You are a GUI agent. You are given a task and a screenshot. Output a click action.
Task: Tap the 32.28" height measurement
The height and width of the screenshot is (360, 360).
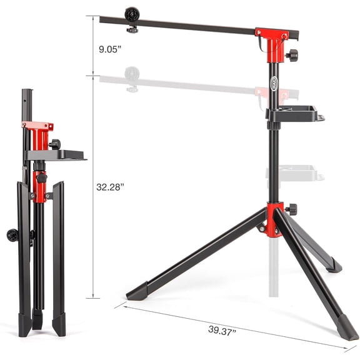point(109,186)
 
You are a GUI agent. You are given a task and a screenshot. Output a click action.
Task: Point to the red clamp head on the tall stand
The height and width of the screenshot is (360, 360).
point(273,41)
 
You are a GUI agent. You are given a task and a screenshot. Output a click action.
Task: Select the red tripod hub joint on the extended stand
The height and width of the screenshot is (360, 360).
point(273,219)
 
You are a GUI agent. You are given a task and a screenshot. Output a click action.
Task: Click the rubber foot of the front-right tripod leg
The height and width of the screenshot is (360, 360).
point(346,326)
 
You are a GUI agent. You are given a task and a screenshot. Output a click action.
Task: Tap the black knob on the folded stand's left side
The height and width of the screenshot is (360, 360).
point(12,235)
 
